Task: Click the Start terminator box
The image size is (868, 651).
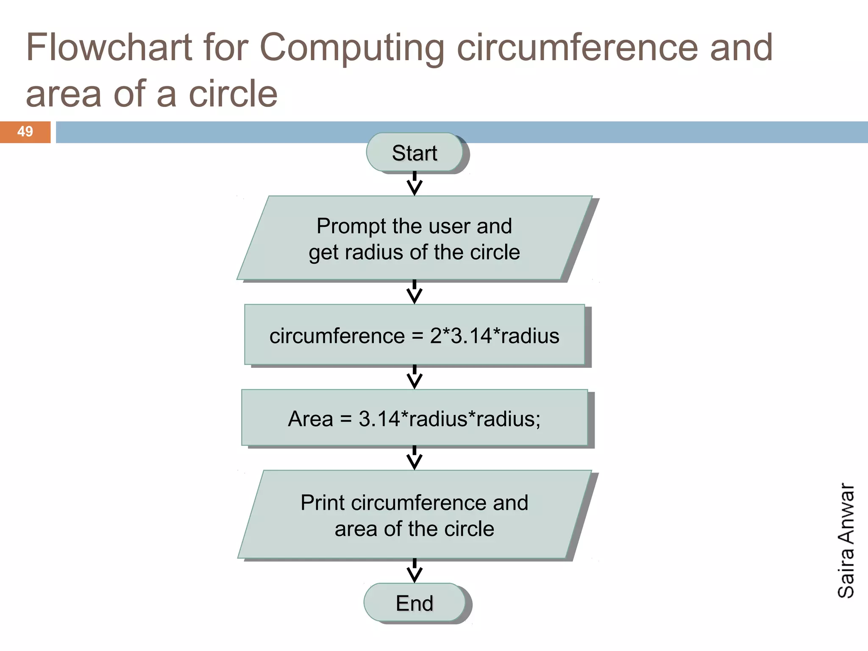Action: point(415,153)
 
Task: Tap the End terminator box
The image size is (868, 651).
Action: point(415,603)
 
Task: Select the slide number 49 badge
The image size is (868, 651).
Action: point(25,132)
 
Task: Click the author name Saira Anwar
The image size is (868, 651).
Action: point(846,540)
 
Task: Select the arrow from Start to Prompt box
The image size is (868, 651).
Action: point(415,184)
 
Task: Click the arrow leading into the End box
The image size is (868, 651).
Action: point(415,571)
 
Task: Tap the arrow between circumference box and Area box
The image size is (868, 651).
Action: point(415,377)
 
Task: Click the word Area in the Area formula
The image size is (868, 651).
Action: point(310,419)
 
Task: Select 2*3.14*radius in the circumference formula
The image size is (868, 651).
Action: point(495,336)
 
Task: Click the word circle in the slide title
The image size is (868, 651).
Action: point(233,94)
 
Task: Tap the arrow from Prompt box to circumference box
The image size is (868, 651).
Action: point(415,292)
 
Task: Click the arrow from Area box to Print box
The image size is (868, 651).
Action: point(415,458)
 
